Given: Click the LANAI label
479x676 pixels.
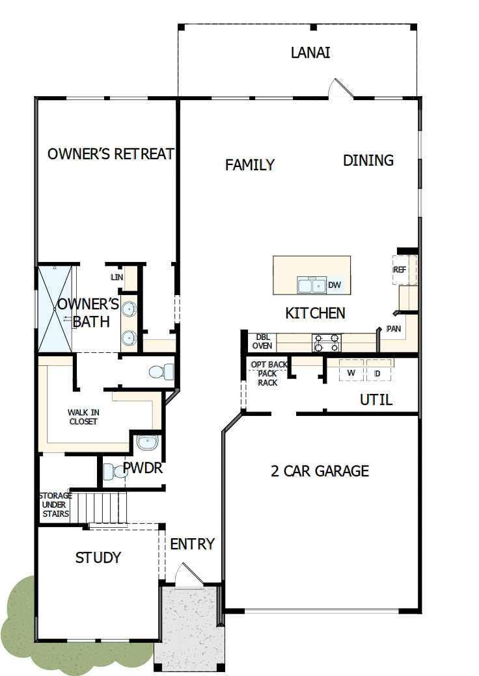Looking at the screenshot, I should click(x=310, y=53).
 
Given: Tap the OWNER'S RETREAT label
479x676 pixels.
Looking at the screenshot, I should click(x=111, y=154).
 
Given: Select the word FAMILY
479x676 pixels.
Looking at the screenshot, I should click(x=250, y=165).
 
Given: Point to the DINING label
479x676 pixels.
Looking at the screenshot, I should click(x=368, y=160).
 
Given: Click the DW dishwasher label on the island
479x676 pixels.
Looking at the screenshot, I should click(x=335, y=285).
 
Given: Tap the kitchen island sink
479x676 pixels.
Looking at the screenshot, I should click(x=311, y=285).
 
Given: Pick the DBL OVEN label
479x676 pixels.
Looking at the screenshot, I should click(x=263, y=341).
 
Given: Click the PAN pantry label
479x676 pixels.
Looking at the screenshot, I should click(x=394, y=329).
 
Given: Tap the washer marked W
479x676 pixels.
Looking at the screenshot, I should click(x=351, y=373).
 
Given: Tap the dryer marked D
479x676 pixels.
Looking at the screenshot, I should click(x=377, y=373).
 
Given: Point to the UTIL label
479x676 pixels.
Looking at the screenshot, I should click(x=376, y=400).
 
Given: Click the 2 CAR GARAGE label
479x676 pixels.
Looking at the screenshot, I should click(x=320, y=471).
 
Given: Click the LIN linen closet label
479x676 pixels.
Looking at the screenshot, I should click(x=117, y=278).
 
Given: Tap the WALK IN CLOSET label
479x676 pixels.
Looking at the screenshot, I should click(x=83, y=417).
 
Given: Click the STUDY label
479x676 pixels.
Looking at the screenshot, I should click(x=98, y=558).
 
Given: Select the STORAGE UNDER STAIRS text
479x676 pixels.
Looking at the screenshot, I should click(x=56, y=504).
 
